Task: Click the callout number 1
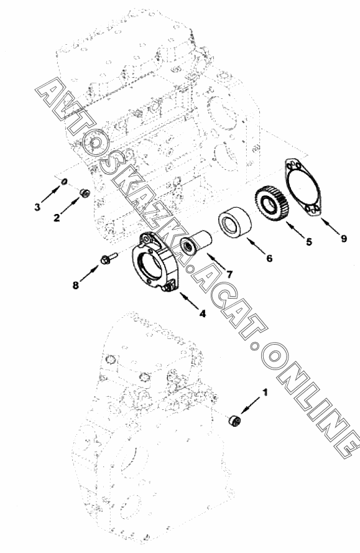265,392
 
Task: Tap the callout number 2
57,218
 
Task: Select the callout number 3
37,207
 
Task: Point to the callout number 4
203,313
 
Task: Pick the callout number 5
309,241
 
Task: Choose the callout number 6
269,259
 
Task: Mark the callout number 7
229,274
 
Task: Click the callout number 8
75,285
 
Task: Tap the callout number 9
344,238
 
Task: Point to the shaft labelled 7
196,241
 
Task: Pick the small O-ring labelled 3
64,182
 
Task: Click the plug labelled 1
234,421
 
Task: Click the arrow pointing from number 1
251,405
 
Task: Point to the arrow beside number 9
330,225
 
